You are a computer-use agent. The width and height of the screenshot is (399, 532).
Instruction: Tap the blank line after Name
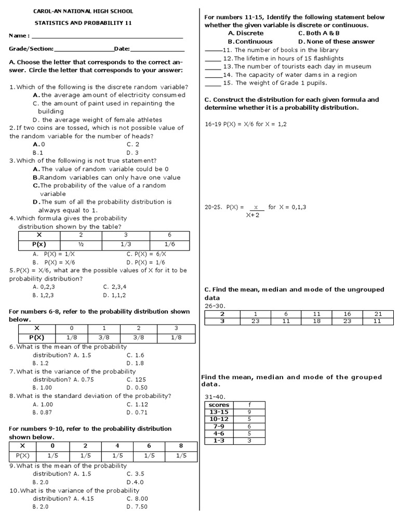tap(108, 37)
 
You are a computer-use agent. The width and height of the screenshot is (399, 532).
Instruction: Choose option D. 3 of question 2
tap(132, 153)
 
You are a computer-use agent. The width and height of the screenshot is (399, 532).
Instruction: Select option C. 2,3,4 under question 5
tap(115, 286)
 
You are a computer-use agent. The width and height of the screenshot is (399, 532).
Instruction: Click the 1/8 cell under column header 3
tap(176, 337)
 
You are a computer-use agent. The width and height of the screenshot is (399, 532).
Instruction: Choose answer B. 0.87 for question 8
tap(43, 412)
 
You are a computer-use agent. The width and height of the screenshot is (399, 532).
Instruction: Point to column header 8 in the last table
tap(181, 446)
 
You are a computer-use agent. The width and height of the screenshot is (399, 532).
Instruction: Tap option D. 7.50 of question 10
tap(137, 507)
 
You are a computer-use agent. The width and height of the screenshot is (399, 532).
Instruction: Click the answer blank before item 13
tap(212, 68)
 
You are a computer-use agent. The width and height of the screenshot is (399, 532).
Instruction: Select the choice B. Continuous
tap(250, 42)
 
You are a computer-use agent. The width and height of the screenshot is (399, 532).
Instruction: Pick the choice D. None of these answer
tap(336, 42)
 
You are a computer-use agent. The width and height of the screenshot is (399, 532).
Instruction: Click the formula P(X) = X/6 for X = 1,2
tap(246, 124)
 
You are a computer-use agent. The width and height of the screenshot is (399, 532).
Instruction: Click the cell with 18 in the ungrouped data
tap(317, 321)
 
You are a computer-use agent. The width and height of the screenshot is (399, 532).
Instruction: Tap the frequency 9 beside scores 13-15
tap(249, 411)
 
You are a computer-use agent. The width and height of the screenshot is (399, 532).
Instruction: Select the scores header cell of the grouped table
tap(218, 405)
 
